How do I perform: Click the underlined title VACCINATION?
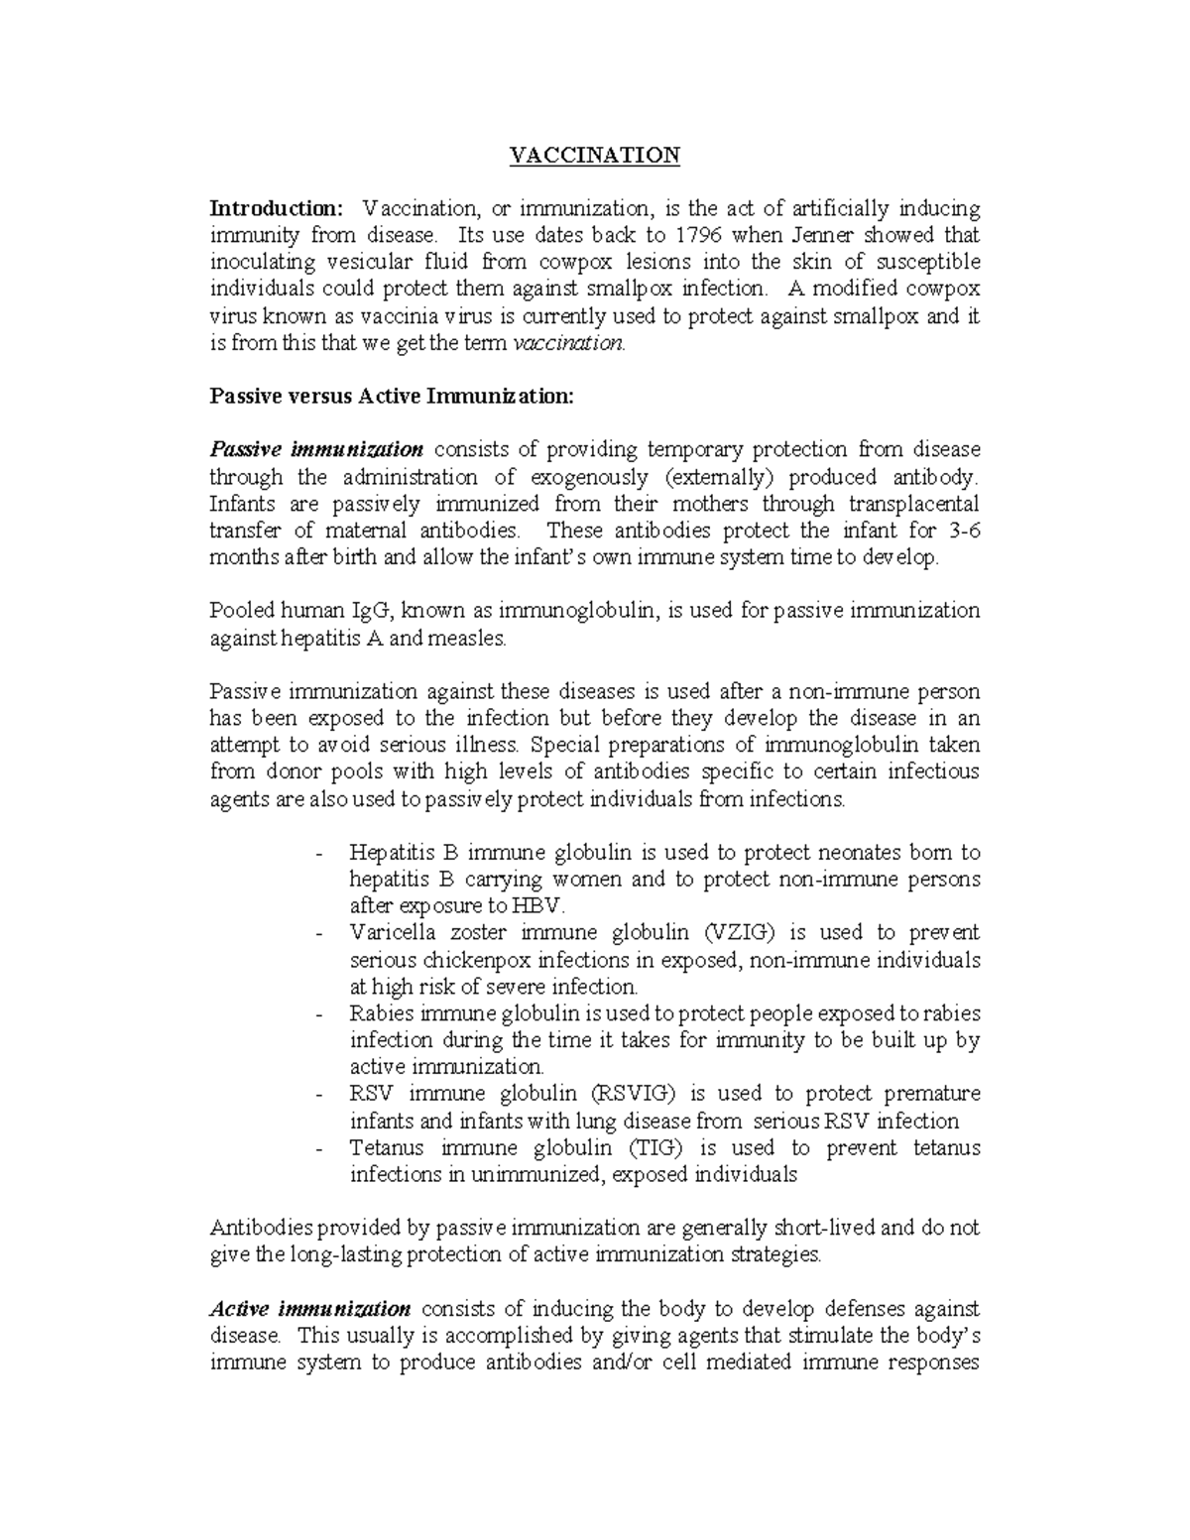(594, 155)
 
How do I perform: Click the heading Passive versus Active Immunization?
(392, 397)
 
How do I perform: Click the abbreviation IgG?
(364, 611)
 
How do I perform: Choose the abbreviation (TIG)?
(656, 1148)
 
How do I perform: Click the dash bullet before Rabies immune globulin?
(317, 1014)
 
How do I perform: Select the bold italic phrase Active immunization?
(311, 1309)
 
